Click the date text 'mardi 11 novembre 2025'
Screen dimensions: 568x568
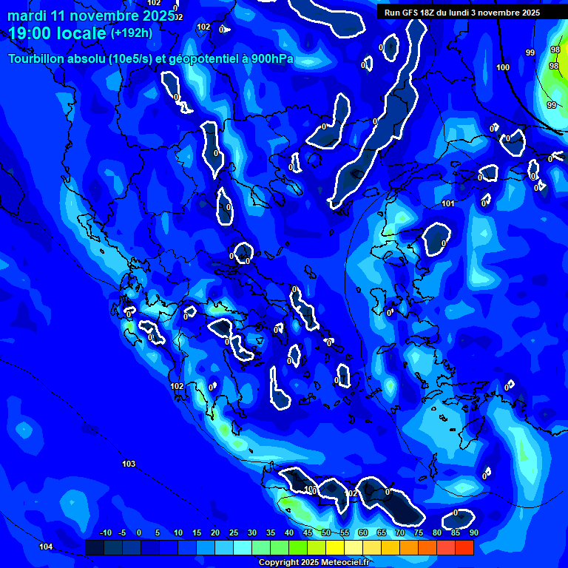91,15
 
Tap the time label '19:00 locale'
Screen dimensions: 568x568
57,33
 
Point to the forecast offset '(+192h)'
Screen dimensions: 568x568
132,33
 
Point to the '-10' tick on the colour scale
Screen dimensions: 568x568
105,532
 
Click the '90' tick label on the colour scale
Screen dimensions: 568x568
473,532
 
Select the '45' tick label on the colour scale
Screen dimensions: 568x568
308,532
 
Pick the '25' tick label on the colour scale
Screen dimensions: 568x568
234,532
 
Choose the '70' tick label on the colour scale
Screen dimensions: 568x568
400,532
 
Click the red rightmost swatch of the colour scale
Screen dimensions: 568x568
464,547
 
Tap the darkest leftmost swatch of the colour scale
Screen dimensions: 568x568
94,547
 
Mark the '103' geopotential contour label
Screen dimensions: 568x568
129,464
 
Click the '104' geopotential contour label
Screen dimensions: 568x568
46,547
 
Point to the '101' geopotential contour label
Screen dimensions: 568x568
447,203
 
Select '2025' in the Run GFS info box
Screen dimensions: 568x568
530,13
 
